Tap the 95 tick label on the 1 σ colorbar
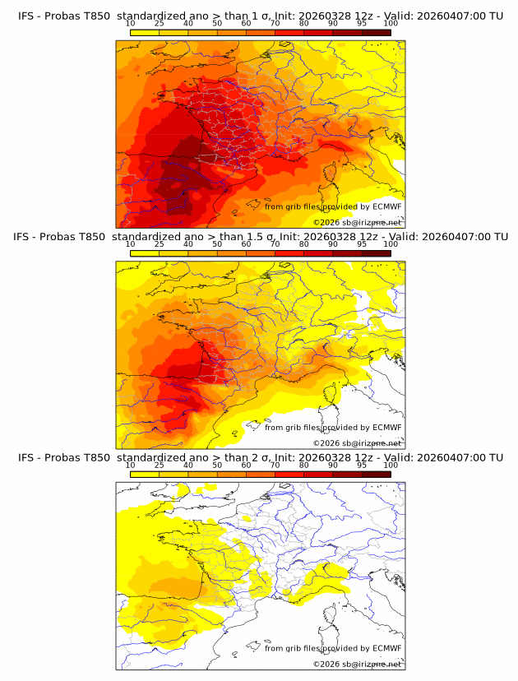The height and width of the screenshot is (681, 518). click(361, 24)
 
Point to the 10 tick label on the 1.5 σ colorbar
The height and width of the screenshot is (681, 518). click(130, 244)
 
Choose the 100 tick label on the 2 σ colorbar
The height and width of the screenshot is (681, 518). click(391, 466)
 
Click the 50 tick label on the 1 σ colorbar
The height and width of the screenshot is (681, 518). click(217, 24)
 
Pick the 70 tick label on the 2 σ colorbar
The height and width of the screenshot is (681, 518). click(275, 466)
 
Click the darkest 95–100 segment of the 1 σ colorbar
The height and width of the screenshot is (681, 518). click(376, 32)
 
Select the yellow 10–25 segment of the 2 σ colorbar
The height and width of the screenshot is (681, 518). click(145, 474)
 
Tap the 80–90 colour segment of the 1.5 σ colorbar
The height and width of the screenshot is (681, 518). click(317, 252)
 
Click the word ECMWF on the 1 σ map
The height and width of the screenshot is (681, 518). click(386, 206)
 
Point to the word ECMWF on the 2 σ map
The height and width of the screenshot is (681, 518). click(386, 648)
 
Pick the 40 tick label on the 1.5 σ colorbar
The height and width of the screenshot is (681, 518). click(188, 244)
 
